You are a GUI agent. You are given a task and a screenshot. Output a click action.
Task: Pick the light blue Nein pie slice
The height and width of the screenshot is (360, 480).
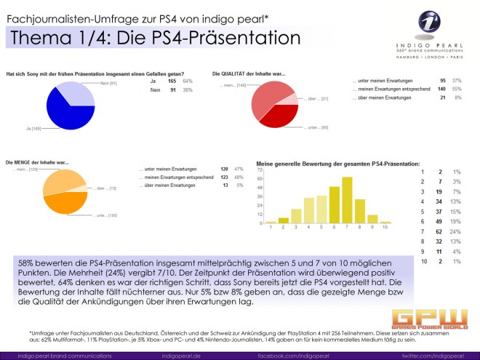tap(74, 93)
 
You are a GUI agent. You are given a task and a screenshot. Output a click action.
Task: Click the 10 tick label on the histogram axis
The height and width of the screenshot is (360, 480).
tap(386, 228)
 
